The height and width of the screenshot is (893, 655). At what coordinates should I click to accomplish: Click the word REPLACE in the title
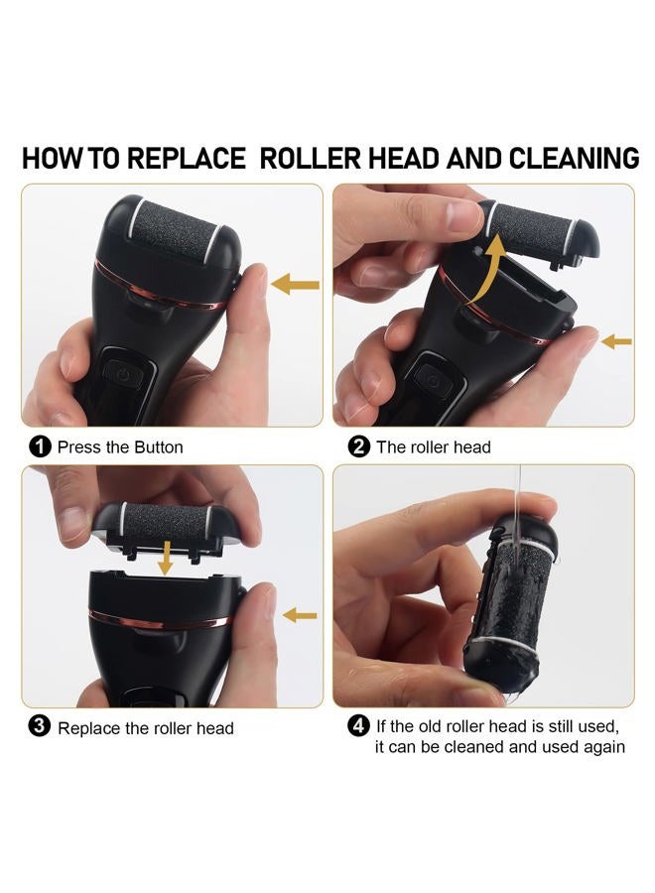tap(187, 159)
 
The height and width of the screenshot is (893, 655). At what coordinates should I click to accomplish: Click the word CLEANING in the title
tap(575, 159)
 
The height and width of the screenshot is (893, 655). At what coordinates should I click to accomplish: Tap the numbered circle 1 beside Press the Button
tap(40, 447)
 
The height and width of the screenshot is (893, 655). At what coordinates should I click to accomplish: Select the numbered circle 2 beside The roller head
tap(359, 447)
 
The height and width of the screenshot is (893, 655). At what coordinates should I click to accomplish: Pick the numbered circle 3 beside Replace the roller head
tap(40, 727)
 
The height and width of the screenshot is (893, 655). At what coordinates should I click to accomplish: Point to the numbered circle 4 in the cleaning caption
tap(358, 726)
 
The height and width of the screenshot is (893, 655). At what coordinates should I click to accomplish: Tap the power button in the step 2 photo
tap(434, 380)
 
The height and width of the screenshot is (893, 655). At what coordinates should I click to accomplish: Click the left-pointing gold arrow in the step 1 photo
tap(295, 284)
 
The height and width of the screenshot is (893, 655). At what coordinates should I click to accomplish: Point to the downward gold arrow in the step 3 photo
tap(165, 558)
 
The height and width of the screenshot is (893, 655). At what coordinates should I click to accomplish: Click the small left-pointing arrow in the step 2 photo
tap(616, 341)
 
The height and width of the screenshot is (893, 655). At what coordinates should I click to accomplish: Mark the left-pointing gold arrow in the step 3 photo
tap(300, 615)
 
